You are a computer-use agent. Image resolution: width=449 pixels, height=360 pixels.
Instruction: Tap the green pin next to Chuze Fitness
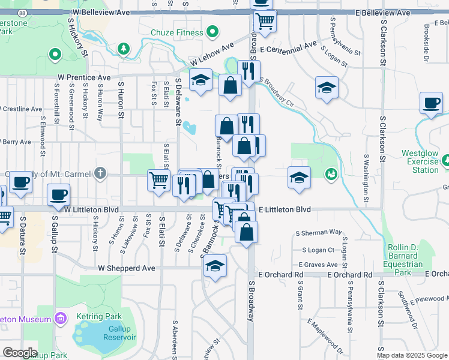(x=211, y=32)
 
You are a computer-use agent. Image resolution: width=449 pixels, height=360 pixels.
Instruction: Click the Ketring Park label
(x=99, y=316)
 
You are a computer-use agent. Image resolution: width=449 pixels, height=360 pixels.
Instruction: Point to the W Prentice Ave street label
(x=84, y=77)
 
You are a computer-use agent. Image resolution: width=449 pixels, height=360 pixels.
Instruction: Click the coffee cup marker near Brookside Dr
(x=431, y=103)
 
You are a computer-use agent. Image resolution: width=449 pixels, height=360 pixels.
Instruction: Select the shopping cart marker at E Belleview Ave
(x=264, y=22)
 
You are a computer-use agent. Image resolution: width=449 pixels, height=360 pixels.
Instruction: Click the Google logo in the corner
(x=19, y=353)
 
